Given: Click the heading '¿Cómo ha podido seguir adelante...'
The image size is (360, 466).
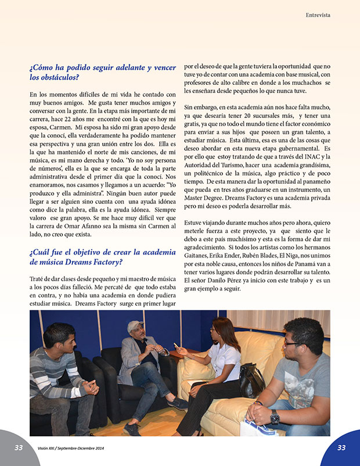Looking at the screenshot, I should [102, 72].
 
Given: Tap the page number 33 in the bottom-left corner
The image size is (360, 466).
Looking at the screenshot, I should [19, 447].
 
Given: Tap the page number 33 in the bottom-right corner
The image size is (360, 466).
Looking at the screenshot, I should [341, 447].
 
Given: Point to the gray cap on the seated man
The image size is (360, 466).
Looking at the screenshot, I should [135, 326].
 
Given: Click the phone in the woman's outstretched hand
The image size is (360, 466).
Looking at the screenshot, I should [175, 352].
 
